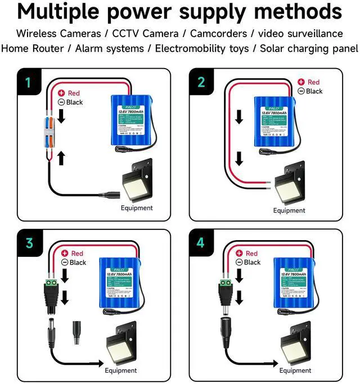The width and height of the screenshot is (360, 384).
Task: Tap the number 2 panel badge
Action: [202, 82]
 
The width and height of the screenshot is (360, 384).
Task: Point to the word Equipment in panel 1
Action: [137, 208]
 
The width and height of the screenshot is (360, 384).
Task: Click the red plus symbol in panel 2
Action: [300, 83]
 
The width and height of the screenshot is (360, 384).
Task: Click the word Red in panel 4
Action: [251, 254]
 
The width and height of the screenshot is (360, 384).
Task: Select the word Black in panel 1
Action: [74, 102]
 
